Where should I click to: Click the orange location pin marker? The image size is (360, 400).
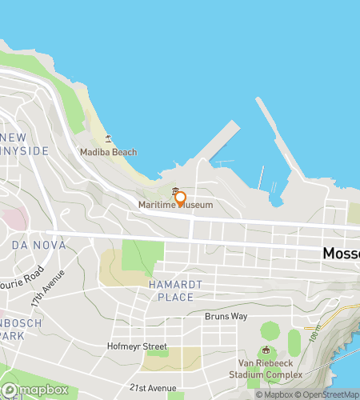point(180,198)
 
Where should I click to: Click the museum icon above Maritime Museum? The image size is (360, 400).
point(175,190)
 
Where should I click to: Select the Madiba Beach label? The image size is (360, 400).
point(108,152)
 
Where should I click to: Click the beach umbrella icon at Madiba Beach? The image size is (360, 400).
point(108,138)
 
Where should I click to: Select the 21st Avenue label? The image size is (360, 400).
point(153,387)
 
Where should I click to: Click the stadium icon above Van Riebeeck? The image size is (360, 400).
point(266,350)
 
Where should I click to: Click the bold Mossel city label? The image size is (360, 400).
point(341,253)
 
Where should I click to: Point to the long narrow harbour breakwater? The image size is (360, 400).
point(276,136)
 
